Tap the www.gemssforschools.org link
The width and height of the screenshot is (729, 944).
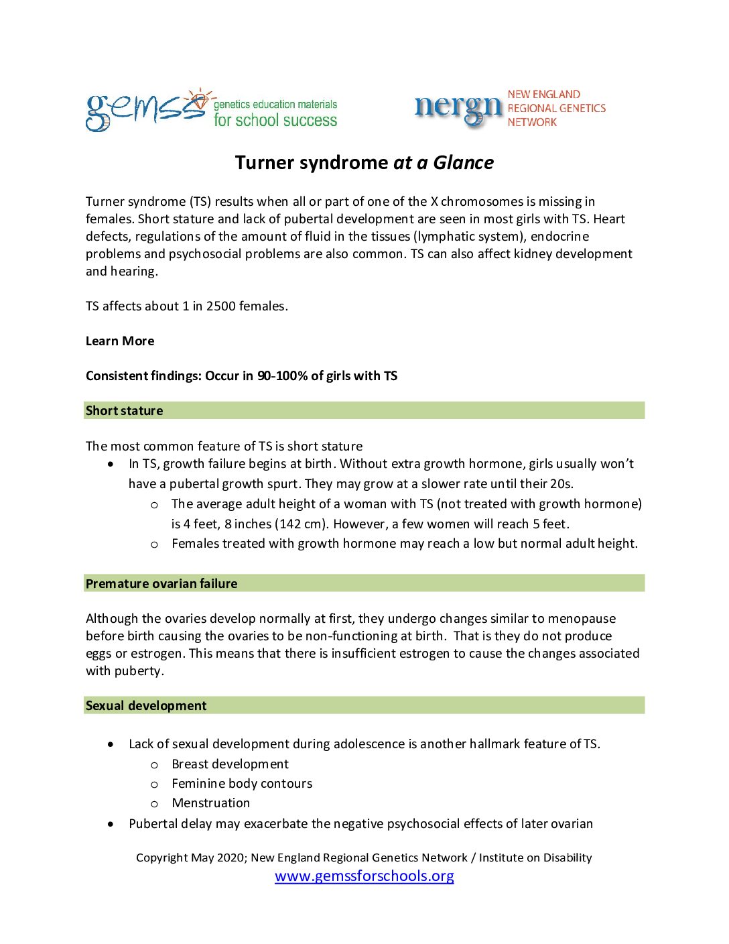tap(364, 876)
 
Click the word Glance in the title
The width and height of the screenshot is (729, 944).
tap(463, 163)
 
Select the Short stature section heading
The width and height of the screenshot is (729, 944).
tap(125, 411)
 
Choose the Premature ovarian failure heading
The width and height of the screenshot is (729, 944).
tap(161, 584)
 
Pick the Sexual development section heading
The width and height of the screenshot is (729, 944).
tap(146, 706)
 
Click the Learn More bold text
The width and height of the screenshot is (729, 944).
tap(120, 341)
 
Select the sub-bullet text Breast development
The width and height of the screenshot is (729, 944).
tap(230, 764)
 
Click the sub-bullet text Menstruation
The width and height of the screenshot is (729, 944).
tap(210, 803)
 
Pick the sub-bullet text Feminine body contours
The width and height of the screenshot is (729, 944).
tap(242, 784)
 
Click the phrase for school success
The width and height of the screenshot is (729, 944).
tap(275, 121)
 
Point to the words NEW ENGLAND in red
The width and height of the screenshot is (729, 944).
tap(543, 95)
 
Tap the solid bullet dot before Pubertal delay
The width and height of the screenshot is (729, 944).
tap(111, 824)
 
